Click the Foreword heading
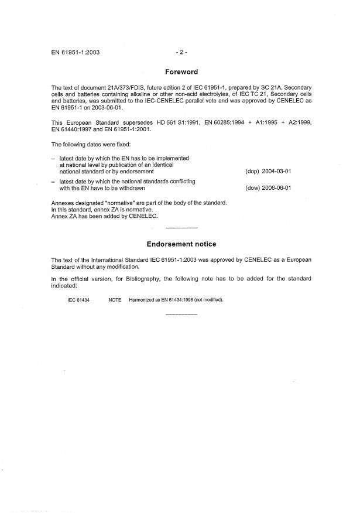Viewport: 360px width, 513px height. tap(181, 72)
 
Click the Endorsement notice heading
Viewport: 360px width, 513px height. tap(181, 244)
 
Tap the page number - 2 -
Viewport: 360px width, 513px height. tap(181, 52)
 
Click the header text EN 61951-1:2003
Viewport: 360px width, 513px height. tap(76, 52)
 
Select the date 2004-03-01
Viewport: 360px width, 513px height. tap(275, 172)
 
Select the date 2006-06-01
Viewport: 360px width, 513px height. tap(275, 188)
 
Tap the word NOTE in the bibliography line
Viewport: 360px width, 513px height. tap(115, 300)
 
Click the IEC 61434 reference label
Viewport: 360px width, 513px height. tap(78, 300)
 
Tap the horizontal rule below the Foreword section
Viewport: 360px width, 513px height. tap(181, 227)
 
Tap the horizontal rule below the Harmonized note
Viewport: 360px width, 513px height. tap(181, 315)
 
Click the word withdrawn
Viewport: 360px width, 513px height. tap(131, 188)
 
